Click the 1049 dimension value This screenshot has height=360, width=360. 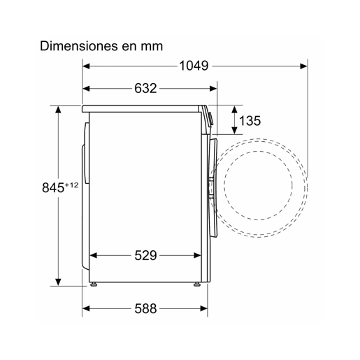194,66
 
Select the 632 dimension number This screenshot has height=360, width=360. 145,88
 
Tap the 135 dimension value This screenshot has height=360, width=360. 250,121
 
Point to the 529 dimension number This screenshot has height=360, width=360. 145,255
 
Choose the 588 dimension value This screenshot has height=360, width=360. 145,308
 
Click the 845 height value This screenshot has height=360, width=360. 53,187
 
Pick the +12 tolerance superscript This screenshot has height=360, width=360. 71,185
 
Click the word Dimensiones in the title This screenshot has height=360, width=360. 78,46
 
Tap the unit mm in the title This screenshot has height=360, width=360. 152,47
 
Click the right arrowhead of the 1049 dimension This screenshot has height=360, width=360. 303,66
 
